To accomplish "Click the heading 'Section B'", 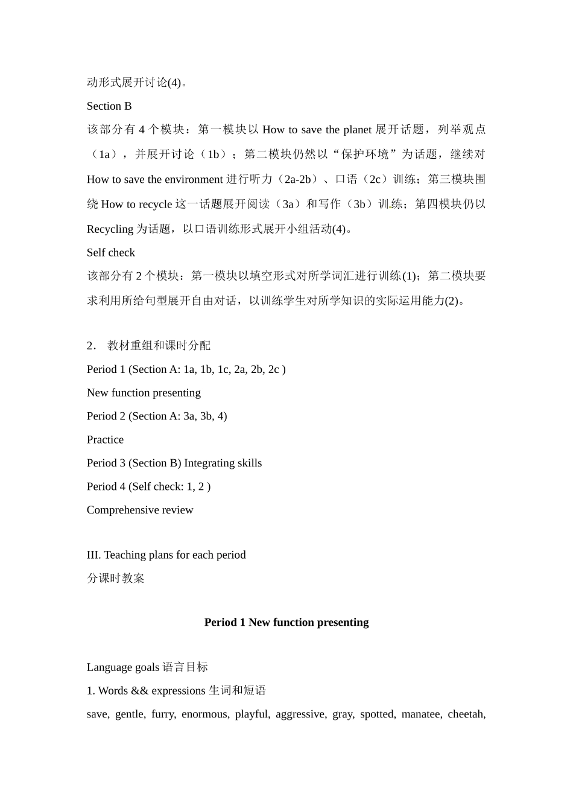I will coord(109,106).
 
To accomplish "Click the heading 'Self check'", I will coord(110,253).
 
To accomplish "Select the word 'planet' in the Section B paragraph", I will coord(357,130).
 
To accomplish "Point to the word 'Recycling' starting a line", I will coord(110,229).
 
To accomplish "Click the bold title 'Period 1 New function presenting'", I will coord(286,623).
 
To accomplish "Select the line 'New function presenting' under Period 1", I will coord(144,393).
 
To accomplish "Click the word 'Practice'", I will coord(105,440).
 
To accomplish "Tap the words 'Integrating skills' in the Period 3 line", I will coord(223,463).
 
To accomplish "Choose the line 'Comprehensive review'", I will coord(140,510).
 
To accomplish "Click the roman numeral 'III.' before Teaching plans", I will coord(94,555).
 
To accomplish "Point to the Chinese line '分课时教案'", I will coord(116,579).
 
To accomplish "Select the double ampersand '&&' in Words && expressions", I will coord(139,691).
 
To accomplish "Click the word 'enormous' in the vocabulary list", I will coord(204,714).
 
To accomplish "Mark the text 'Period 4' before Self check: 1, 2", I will coord(106,487).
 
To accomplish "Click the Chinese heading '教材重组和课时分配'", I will coord(159,346).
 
